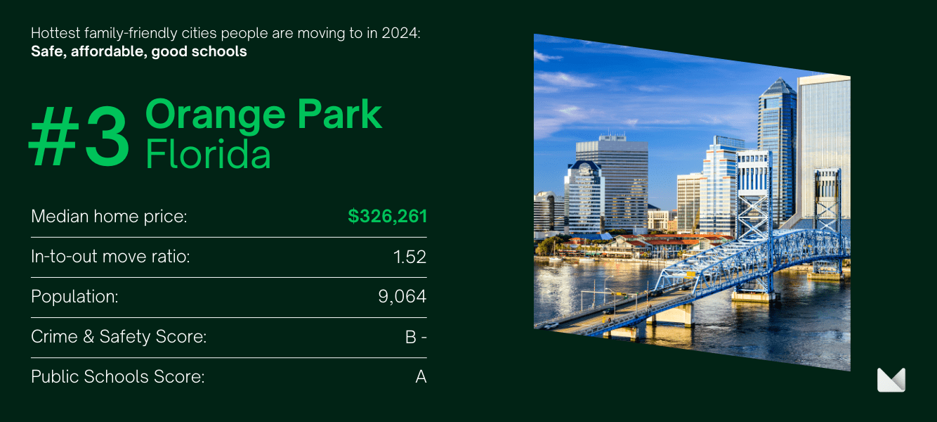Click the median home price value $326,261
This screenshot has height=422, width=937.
(x=387, y=216)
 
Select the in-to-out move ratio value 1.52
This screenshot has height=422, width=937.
(x=409, y=257)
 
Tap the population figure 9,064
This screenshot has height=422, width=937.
(x=402, y=297)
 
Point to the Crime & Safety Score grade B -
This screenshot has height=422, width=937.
(x=416, y=337)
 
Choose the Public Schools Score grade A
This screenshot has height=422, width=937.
(x=421, y=377)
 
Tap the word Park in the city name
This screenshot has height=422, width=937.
(x=339, y=113)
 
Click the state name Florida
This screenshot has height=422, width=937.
(x=208, y=153)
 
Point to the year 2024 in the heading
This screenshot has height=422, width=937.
(x=400, y=33)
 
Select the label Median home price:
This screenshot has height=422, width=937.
(x=109, y=217)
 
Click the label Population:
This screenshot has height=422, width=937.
(x=74, y=297)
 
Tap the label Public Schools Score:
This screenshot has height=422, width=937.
(x=117, y=377)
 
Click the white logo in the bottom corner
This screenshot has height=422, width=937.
(x=891, y=380)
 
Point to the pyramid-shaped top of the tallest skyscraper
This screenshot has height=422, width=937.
(x=778, y=87)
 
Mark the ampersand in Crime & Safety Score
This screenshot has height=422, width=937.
(x=89, y=337)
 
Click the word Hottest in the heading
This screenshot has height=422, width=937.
(x=55, y=33)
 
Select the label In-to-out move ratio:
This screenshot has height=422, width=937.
(x=110, y=257)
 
